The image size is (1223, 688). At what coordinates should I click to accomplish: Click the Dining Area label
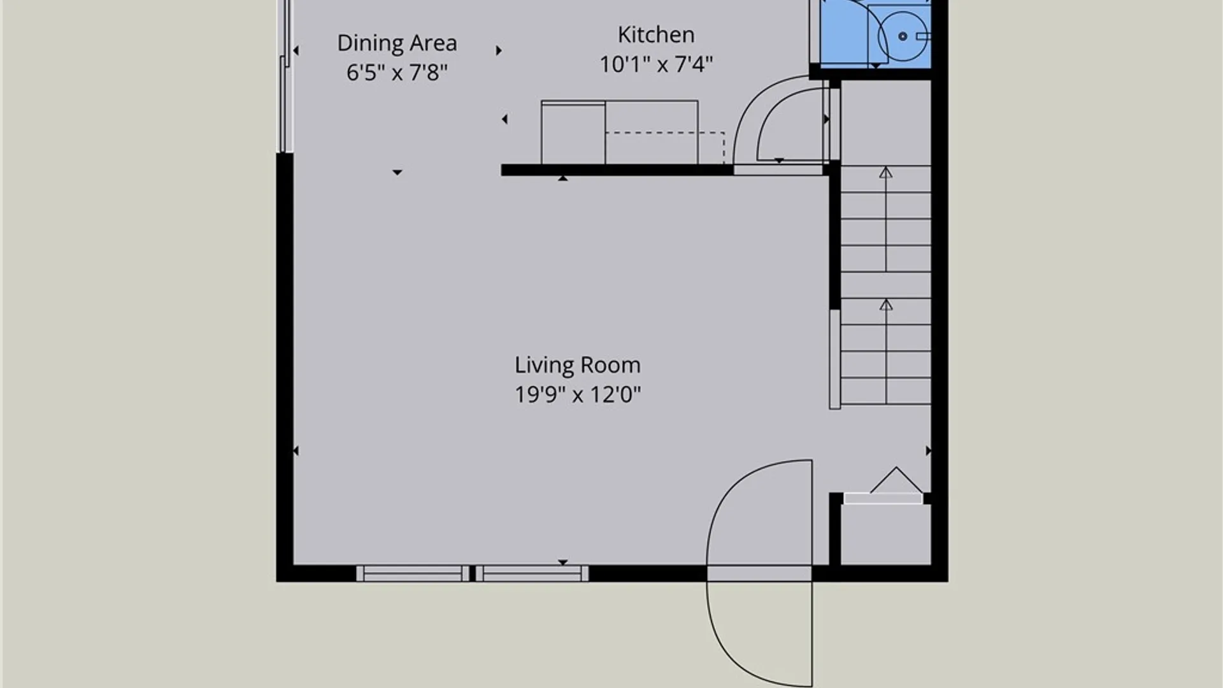[x=397, y=43]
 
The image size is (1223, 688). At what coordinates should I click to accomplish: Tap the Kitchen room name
[x=656, y=34]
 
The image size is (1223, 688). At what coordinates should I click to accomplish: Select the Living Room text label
[x=578, y=365]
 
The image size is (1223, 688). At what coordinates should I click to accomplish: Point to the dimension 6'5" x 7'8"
[x=397, y=73]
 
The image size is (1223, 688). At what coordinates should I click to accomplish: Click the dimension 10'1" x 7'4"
[x=656, y=64]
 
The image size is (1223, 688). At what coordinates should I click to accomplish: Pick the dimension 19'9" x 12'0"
[x=578, y=395]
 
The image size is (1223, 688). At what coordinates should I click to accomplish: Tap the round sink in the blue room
[x=903, y=36]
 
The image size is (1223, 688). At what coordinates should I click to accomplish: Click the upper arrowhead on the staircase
[x=886, y=173]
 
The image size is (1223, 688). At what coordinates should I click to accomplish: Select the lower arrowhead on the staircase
[x=886, y=305]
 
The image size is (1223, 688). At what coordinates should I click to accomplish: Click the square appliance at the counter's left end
[x=573, y=133]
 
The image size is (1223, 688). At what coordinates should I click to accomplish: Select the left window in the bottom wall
[x=413, y=573]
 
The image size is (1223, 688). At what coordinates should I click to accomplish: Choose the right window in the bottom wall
[x=532, y=573]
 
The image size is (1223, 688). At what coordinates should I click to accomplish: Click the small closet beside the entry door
[x=885, y=534]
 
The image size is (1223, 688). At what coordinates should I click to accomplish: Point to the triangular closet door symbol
[x=896, y=480]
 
